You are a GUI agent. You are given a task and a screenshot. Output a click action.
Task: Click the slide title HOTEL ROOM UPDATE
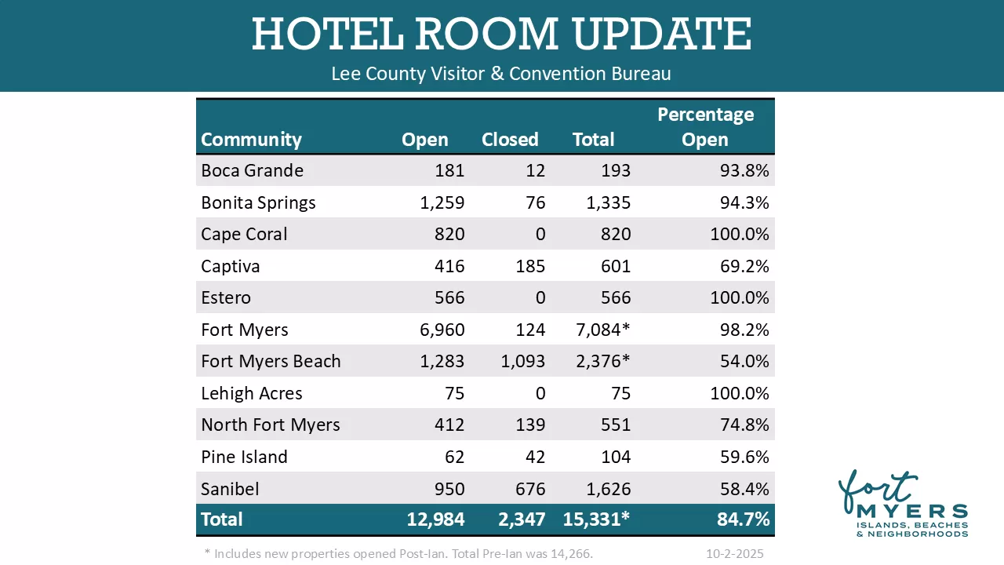(501, 34)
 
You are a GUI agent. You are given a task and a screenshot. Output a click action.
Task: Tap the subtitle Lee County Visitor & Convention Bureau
(501, 74)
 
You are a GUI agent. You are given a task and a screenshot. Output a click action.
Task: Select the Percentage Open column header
(705, 127)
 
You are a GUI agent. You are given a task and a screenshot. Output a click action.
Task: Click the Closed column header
(510, 140)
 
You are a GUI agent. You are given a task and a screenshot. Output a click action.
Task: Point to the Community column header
(251, 140)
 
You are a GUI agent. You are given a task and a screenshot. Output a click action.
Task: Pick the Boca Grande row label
(252, 170)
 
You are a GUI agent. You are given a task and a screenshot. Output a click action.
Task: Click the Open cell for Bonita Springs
(442, 202)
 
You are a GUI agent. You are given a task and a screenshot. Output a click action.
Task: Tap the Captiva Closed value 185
(530, 266)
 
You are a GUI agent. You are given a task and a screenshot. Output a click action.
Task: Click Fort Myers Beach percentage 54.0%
(744, 362)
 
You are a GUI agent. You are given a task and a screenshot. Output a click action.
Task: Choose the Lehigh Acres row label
(251, 393)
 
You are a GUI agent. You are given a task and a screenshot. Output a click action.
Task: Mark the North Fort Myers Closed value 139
(530, 425)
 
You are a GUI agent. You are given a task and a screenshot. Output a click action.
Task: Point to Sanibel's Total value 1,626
(608, 489)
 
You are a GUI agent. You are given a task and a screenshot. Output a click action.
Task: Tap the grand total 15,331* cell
(596, 519)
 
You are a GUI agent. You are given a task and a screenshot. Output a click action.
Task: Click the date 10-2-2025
(734, 553)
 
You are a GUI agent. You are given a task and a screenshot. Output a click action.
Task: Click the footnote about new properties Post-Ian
(398, 553)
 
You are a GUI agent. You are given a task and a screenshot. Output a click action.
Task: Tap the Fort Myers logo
(902, 505)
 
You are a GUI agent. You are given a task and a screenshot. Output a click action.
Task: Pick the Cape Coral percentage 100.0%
(740, 235)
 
